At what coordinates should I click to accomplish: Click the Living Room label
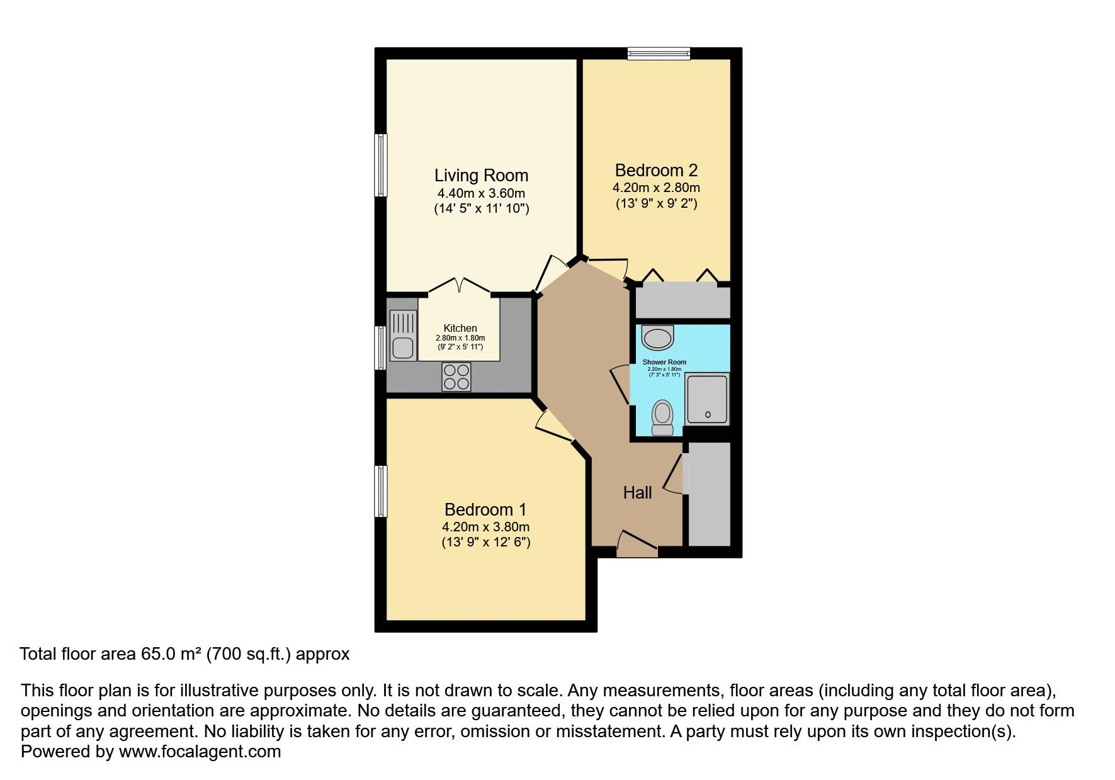(x=481, y=175)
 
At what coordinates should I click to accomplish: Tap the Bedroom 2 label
(x=656, y=170)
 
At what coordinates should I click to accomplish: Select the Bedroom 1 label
(x=485, y=509)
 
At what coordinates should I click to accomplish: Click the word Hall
(x=637, y=493)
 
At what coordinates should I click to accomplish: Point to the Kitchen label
(x=460, y=328)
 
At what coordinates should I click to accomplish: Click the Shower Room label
(x=664, y=362)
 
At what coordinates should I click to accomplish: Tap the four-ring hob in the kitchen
(x=456, y=377)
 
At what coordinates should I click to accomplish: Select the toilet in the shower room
(x=662, y=417)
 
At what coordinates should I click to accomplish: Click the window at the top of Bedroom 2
(x=659, y=54)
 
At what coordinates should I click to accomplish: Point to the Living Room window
(x=380, y=165)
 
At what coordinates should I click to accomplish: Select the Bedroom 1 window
(x=380, y=492)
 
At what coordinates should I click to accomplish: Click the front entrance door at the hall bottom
(x=637, y=545)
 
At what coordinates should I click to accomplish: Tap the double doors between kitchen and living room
(x=459, y=287)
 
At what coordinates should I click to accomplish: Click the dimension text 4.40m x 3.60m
(x=481, y=193)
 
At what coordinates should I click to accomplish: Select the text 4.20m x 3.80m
(x=485, y=527)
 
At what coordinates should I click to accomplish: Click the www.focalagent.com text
(x=200, y=752)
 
